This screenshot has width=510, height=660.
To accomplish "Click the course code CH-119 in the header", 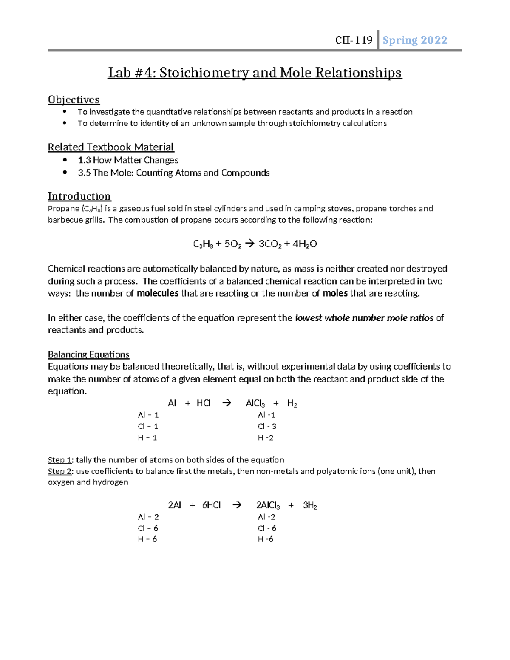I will (x=354, y=40).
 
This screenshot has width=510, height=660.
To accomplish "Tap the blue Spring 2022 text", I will (x=415, y=40).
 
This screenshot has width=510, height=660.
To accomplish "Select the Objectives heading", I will (x=74, y=99).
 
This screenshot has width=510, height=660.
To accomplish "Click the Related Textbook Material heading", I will (x=110, y=147).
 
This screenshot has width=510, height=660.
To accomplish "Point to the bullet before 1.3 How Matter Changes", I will (x=65, y=160).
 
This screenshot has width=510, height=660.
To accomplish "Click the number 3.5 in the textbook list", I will (x=84, y=173).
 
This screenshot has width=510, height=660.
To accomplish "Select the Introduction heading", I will (x=79, y=196).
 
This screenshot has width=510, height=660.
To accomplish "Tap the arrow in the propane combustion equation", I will (x=249, y=244).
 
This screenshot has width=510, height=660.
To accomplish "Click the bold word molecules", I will (x=157, y=293).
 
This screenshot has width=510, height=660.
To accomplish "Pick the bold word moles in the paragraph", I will (x=335, y=293).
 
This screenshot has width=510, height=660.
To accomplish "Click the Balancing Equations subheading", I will (x=88, y=354).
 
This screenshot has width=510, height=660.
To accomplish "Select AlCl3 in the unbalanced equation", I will (x=255, y=403).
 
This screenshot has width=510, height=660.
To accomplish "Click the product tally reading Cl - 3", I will (x=267, y=426).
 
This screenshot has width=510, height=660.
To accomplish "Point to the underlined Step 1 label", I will (x=59, y=460).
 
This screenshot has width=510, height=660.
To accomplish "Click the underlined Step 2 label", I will (x=59, y=471).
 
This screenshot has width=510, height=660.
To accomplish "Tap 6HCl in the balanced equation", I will (x=211, y=505).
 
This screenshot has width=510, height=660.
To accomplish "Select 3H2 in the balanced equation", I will (x=310, y=505).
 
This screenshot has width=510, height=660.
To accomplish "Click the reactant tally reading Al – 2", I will (x=148, y=517).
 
